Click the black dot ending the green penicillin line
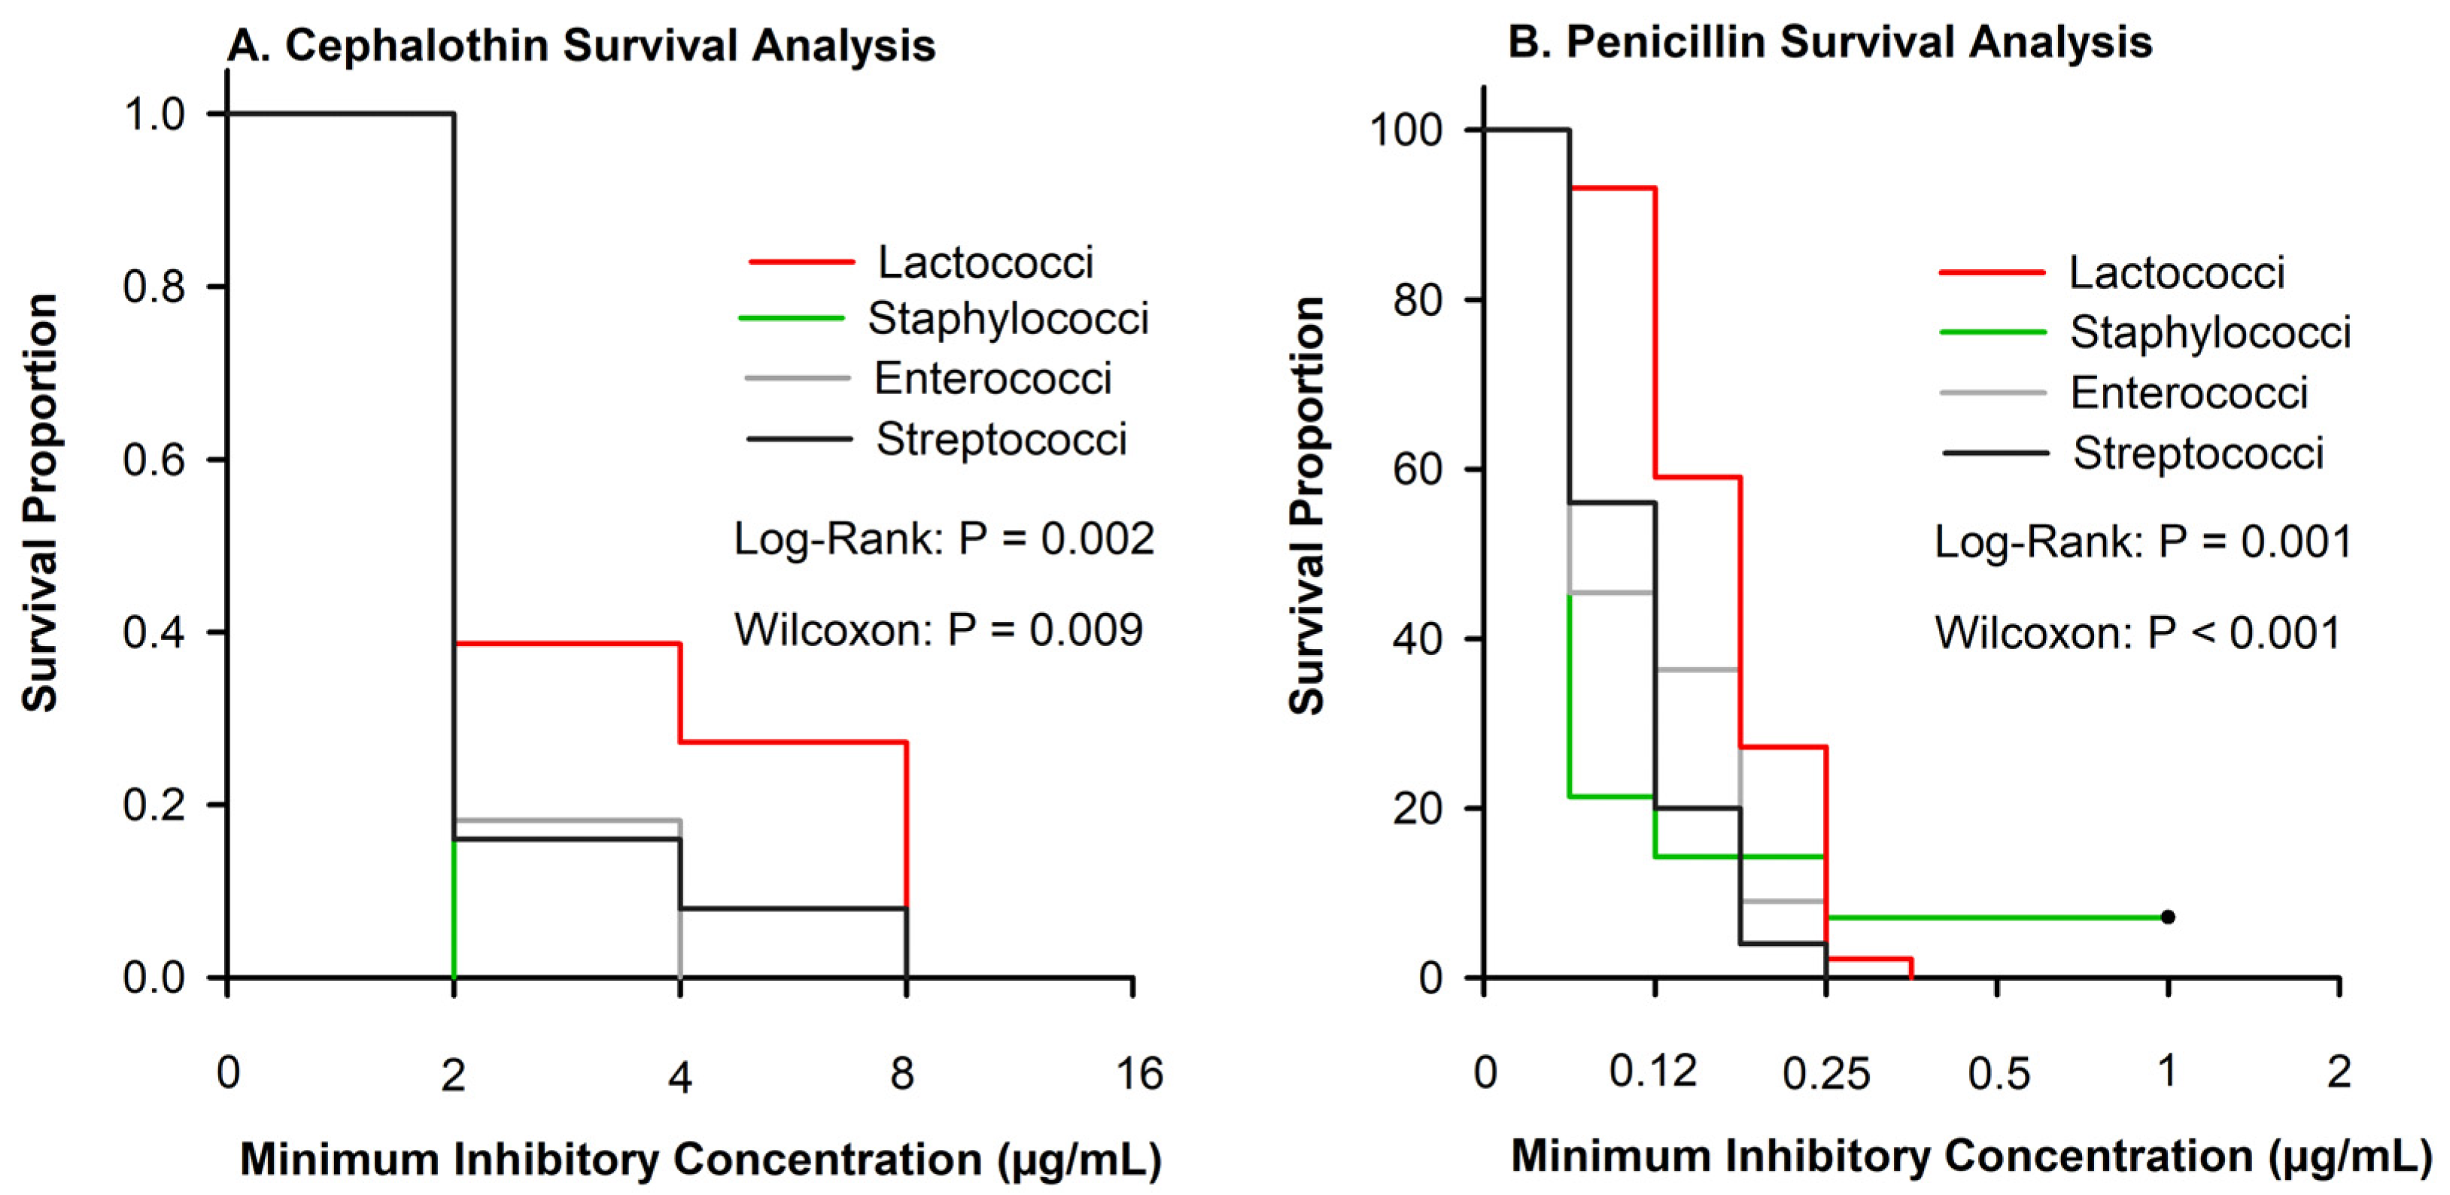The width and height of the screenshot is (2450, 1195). point(2168,917)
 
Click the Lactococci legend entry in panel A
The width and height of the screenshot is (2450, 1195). point(984,262)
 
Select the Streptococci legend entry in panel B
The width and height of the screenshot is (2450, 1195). point(2198,453)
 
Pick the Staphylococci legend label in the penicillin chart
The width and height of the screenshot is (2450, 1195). point(2209,332)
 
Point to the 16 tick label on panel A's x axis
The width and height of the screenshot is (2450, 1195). point(1138,1074)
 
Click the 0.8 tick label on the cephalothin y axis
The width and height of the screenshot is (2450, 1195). point(154,287)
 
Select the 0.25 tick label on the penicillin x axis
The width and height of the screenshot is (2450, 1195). point(1826,1074)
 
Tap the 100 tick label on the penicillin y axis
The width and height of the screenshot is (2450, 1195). point(1406,130)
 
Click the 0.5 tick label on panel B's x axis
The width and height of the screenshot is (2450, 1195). point(1999,1074)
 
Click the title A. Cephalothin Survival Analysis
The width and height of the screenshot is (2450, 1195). point(581,46)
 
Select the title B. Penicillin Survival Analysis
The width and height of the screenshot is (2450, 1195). point(1830,43)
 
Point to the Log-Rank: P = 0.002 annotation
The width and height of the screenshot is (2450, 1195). point(944,539)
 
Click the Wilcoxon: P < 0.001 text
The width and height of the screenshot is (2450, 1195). point(2137,633)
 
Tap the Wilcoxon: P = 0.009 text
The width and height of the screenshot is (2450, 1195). point(938,630)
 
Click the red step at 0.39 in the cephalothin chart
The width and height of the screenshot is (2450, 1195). point(567,644)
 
